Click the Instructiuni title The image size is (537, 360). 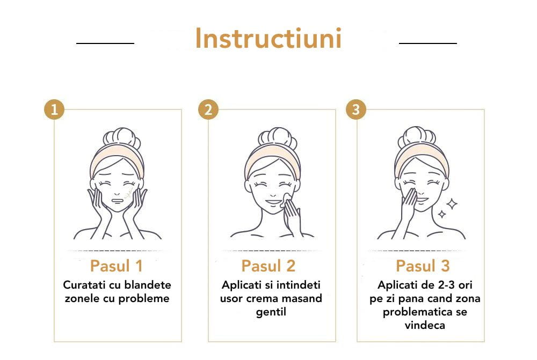click(x=268, y=39)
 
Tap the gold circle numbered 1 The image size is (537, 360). click(x=54, y=110)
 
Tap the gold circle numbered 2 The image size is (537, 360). click(x=208, y=110)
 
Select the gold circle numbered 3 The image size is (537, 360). click(x=356, y=110)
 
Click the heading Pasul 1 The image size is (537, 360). click(x=117, y=266)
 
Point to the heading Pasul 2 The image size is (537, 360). click(x=268, y=266)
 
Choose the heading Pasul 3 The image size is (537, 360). click(x=423, y=266)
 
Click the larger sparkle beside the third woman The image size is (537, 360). click(x=452, y=203)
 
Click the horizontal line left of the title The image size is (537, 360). click(x=105, y=42)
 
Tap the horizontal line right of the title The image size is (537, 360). click(x=428, y=42)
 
